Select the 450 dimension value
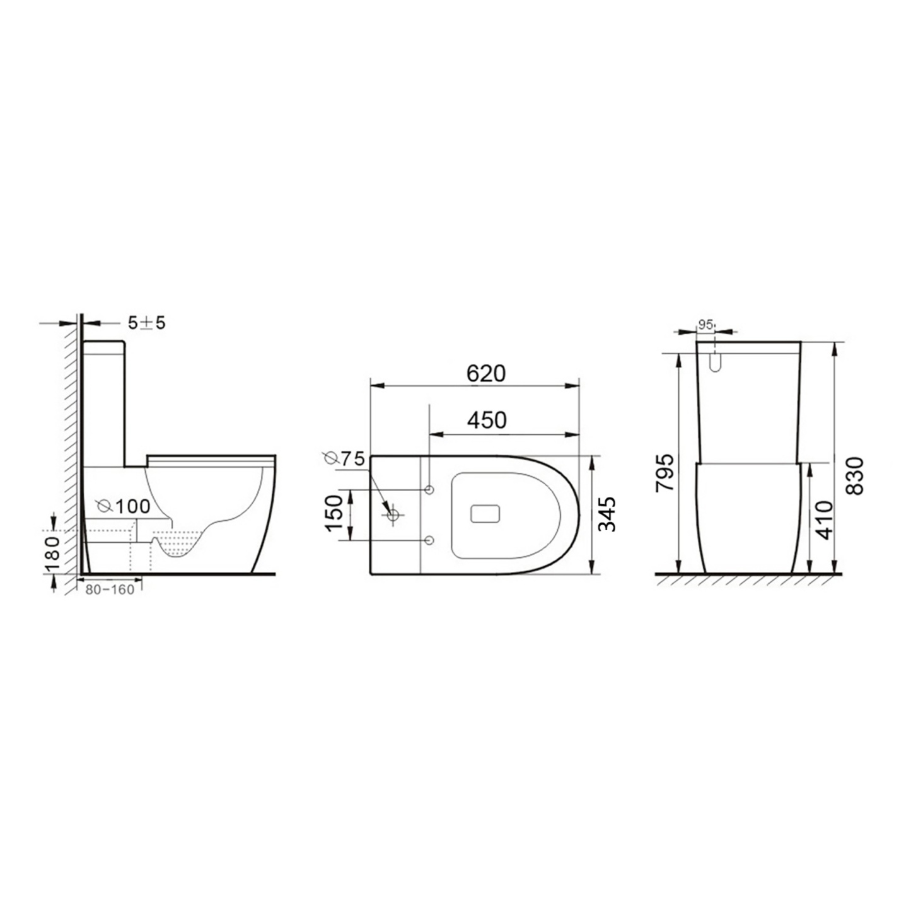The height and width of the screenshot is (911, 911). coord(485,420)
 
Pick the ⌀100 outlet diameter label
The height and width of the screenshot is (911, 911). coord(124,506)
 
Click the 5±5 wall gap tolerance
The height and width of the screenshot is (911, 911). coord(146,323)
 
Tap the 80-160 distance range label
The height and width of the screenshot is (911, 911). coord(110,590)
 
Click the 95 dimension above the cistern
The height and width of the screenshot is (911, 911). coord(705,325)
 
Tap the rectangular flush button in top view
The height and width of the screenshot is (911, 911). coord(485,513)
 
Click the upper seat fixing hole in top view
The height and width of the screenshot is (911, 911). coord(429,490)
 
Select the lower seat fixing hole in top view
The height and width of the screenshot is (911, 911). coord(429,540)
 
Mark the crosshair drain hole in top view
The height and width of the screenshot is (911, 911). coord(393,514)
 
